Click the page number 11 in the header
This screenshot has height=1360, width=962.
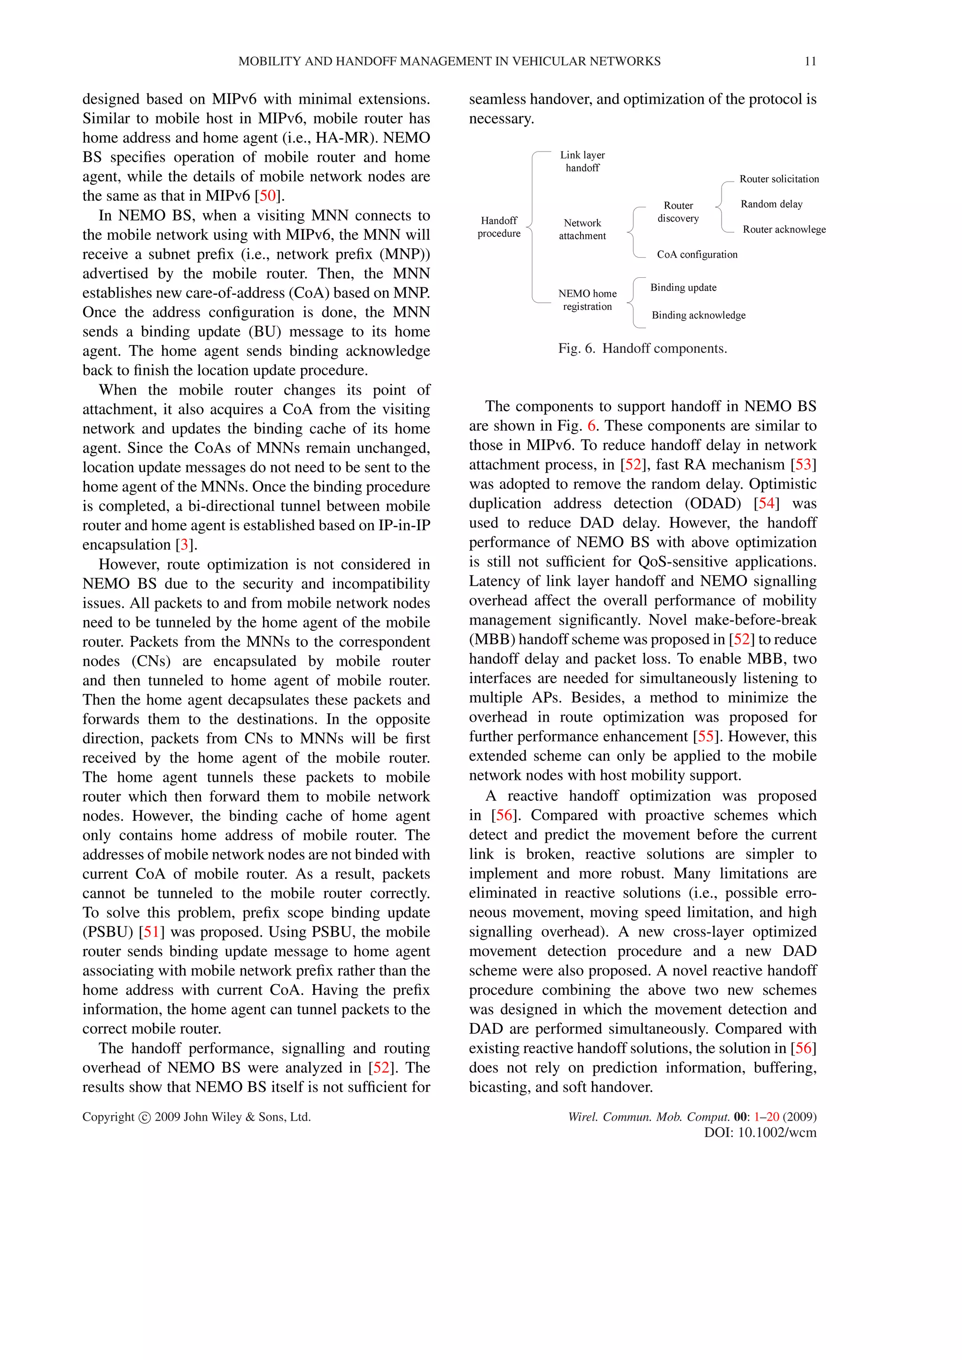pyautogui.click(x=810, y=61)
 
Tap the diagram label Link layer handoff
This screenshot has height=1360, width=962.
pyautogui.click(x=582, y=161)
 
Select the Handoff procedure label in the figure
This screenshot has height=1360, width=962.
pyautogui.click(x=498, y=227)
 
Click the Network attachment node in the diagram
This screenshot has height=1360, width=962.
pyautogui.click(x=582, y=229)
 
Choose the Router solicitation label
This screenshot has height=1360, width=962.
pyautogui.click(x=779, y=179)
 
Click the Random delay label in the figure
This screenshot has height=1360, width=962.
pyautogui.click(x=771, y=204)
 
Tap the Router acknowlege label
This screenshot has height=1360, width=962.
pyautogui.click(x=784, y=229)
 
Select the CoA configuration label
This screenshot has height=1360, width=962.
pyautogui.click(x=697, y=255)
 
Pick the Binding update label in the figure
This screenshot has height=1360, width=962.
pyautogui.click(x=683, y=288)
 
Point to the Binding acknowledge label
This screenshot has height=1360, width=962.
pyautogui.click(x=698, y=315)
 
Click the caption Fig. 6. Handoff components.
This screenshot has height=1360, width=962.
pyautogui.click(x=642, y=348)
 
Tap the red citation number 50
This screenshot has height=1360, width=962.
pyautogui.click(x=268, y=196)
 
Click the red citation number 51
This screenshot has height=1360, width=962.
pyautogui.click(x=152, y=932)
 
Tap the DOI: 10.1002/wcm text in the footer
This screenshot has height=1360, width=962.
pyautogui.click(x=760, y=1132)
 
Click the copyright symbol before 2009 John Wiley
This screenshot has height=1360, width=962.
pyautogui.click(x=144, y=1117)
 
